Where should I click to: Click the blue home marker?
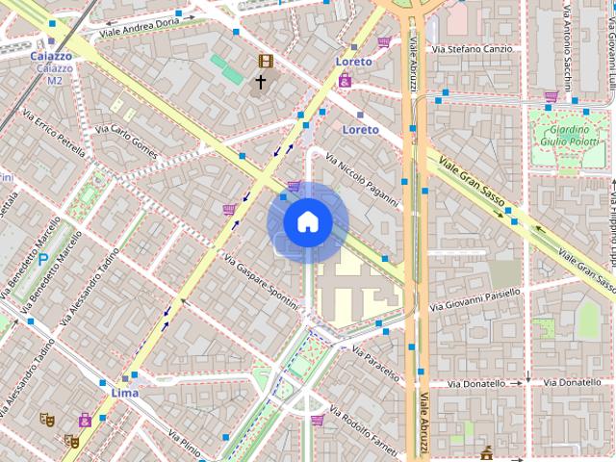(x=307, y=221)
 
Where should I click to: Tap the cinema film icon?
(x=265, y=62)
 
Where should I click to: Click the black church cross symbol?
(x=260, y=83)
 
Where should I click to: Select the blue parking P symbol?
(x=42, y=259)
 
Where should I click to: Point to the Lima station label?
(x=124, y=393)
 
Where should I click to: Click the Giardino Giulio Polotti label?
(x=569, y=136)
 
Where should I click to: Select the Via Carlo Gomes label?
(x=126, y=141)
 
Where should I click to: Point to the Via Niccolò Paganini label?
(x=362, y=180)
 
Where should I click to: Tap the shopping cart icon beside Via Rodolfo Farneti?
(x=318, y=420)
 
